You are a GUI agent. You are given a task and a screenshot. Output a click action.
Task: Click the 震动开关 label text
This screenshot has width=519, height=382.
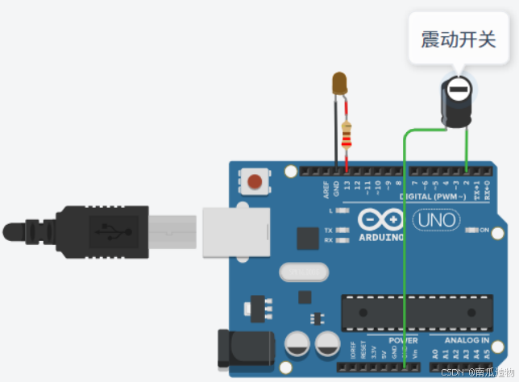click(x=458, y=39)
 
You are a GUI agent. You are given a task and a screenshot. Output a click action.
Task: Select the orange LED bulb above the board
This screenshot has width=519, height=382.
click(x=340, y=82)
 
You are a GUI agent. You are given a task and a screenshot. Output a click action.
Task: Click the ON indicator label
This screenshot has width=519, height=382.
click(x=484, y=230)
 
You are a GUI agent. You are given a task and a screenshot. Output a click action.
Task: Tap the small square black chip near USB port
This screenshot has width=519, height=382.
click(x=308, y=238)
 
